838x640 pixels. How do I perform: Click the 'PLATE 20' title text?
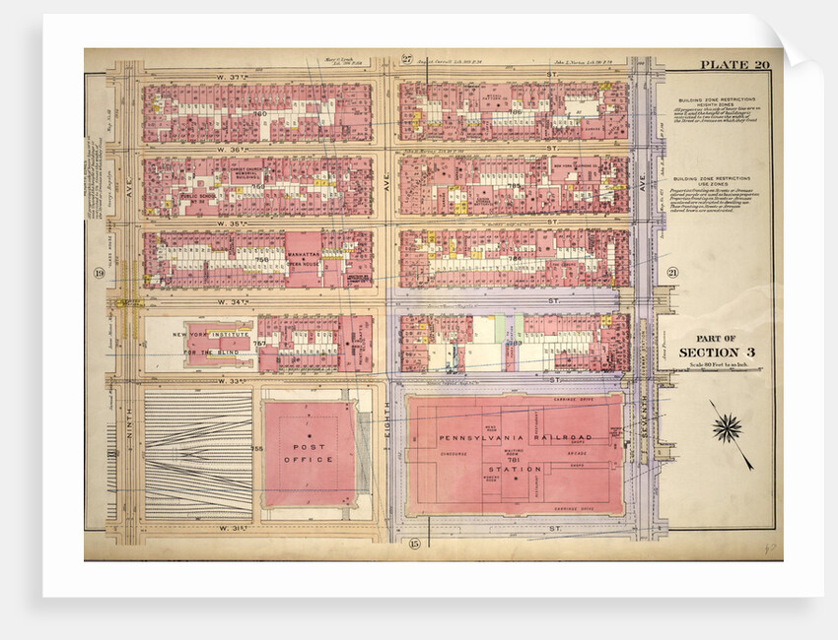pyautogui.click(x=734, y=65)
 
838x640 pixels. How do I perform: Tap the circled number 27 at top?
pyautogui.click(x=406, y=59)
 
